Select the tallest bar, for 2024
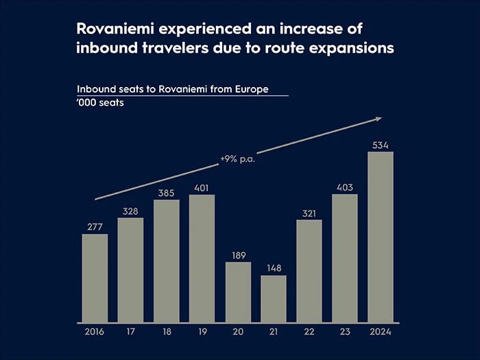381,237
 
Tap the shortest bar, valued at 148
274,299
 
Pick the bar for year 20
238,292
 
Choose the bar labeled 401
202,259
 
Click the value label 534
381,145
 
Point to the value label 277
95,227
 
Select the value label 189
238,255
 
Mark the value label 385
166,193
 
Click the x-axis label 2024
381,333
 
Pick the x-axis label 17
130,333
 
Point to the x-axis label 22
309,333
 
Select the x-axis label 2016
95,333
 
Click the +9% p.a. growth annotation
237,159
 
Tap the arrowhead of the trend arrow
378,119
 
